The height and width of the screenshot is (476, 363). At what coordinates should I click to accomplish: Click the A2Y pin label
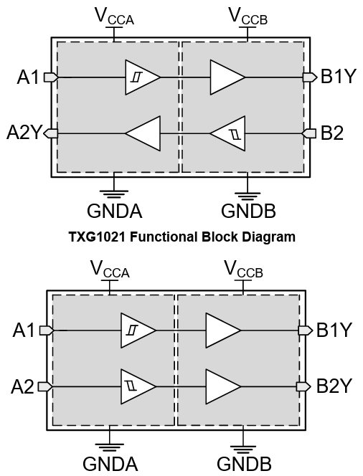click(23, 133)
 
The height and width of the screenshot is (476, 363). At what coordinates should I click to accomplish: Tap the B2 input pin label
click(333, 133)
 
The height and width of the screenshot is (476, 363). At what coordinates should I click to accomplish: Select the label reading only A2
click(23, 386)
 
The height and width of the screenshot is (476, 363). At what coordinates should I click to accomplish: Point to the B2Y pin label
click(334, 386)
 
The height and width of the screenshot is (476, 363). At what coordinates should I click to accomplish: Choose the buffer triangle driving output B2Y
click(223, 386)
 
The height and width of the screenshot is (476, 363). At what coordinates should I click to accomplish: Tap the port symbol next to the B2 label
click(309, 133)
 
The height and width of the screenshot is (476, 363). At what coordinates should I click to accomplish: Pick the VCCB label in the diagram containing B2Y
click(243, 270)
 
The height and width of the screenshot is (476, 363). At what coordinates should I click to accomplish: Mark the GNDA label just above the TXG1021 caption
click(114, 211)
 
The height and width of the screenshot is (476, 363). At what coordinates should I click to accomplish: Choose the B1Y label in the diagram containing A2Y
click(338, 77)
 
